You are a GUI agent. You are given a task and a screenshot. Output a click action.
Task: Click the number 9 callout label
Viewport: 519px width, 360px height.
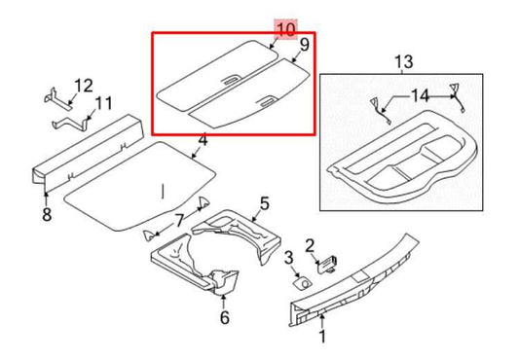pyautogui.click(x=304, y=45)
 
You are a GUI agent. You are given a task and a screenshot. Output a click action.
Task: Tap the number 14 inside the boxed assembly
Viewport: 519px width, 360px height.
pyautogui.click(x=418, y=94)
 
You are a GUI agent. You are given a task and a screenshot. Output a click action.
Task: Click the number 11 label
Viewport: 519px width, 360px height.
pyautogui.click(x=103, y=102)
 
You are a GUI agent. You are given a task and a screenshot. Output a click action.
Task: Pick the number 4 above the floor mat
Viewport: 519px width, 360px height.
pyautogui.click(x=202, y=143)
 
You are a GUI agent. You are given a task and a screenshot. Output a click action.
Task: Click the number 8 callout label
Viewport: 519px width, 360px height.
pyautogui.click(x=46, y=214)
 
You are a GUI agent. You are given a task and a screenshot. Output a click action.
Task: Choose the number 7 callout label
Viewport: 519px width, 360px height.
pyautogui.click(x=178, y=221)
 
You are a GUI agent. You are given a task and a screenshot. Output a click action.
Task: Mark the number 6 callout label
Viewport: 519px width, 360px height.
pyautogui.click(x=224, y=316)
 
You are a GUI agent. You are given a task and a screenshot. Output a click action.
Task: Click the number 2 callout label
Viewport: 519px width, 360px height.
pyautogui.click(x=310, y=244)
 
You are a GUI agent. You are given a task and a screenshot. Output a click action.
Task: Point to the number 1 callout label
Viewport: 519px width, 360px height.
pyautogui.click(x=323, y=337)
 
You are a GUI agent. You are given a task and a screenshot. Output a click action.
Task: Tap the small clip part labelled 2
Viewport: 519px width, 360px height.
pyautogui.click(x=327, y=260)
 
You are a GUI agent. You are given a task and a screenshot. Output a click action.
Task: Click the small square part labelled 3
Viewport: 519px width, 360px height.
pyautogui.click(x=302, y=282)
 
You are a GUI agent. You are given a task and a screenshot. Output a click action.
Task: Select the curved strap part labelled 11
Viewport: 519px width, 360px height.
pyautogui.click(x=71, y=123)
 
